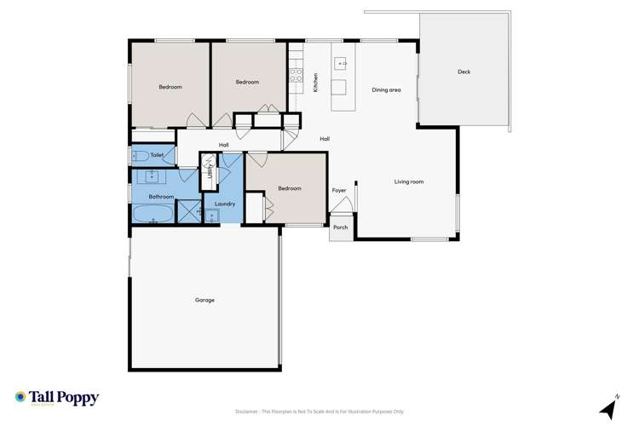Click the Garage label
[204, 300]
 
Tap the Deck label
[463, 72]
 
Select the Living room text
[409, 181]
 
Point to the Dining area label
[386, 89]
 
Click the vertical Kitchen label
[315, 83]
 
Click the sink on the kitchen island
[338, 63]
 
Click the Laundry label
[225, 204]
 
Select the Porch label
[340, 227]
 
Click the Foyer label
[339, 190]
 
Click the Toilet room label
[157, 155]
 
